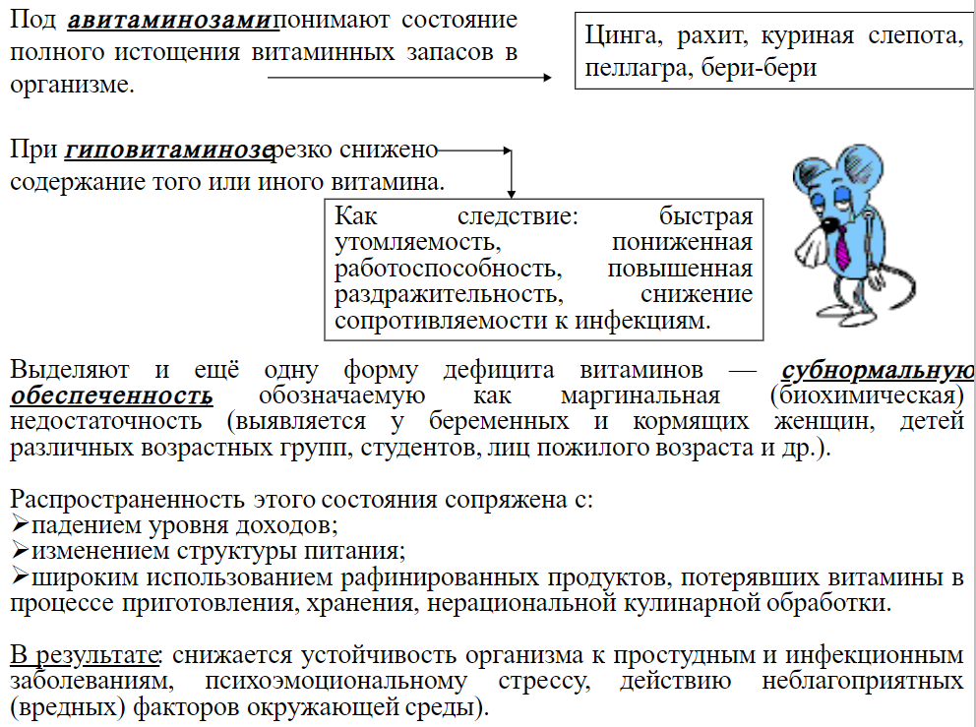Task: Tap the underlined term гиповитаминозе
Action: click(x=168, y=151)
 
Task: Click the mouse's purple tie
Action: click(x=843, y=247)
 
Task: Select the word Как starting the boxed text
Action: click(x=354, y=217)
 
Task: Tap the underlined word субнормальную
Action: click(x=878, y=371)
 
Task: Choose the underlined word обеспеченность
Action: click(x=111, y=395)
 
